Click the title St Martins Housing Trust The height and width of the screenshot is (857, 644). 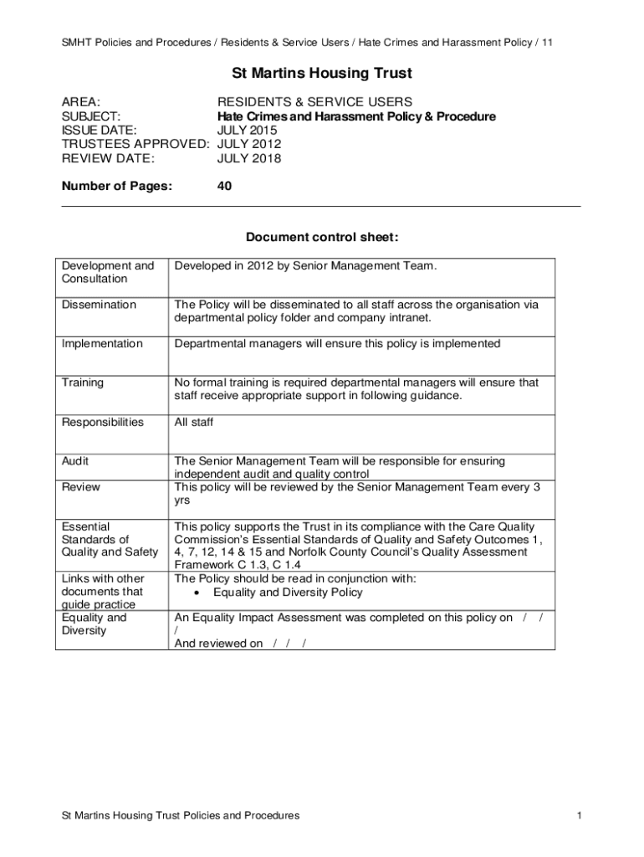322,74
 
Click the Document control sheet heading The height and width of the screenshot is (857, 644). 322,238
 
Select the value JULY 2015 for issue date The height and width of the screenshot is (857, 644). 248,131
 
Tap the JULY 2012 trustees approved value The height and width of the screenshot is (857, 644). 248,144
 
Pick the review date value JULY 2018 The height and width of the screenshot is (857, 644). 248,158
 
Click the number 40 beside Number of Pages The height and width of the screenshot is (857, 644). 224,187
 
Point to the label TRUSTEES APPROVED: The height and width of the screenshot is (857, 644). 135,144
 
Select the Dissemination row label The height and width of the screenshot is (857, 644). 99,305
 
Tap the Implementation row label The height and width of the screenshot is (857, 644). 102,344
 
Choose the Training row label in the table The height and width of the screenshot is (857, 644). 83,382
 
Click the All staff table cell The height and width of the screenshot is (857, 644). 193,422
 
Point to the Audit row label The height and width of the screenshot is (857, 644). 75,461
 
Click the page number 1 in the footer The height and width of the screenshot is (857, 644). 578,815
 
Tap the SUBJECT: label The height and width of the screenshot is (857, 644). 91,116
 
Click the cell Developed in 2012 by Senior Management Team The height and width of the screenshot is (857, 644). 305,266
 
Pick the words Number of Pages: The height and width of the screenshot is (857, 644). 116,187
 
